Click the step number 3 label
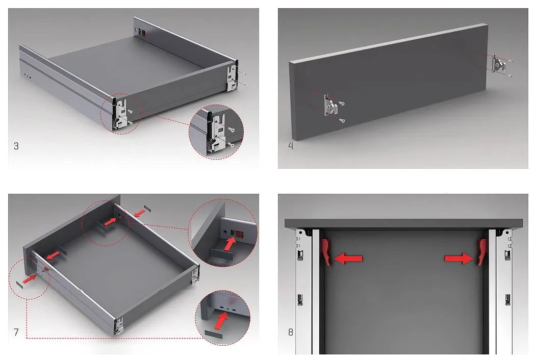(x=16, y=146)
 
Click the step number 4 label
(x=291, y=146)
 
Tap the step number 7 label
(x=16, y=332)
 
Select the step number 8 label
(x=291, y=332)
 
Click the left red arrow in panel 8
(x=348, y=258)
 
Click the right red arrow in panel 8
(x=459, y=258)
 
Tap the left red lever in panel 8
(x=326, y=252)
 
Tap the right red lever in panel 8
(x=482, y=252)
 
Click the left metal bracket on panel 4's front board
(x=331, y=106)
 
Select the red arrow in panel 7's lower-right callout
(x=221, y=321)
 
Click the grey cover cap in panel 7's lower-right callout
(x=213, y=335)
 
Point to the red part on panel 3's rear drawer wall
(x=143, y=33)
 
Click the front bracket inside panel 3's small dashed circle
(x=120, y=114)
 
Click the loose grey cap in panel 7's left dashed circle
(x=20, y=285)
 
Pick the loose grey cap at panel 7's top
(x=147, y=208)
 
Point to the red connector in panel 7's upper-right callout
(x=239, y=234)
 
